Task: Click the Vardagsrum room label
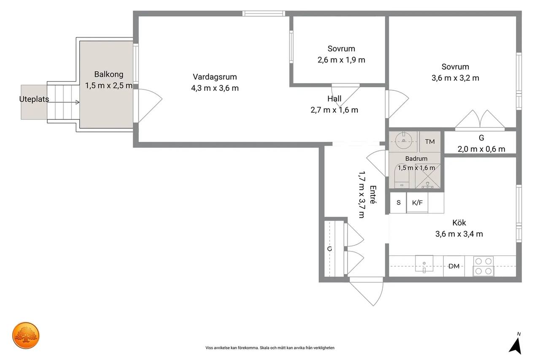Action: (215, 77)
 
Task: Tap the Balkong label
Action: (109, 74)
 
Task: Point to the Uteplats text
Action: (34, 99)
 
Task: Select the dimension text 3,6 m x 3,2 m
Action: (455, 78)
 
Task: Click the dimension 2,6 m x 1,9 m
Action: (341, 60)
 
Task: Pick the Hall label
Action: (334, 99)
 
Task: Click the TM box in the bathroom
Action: (430, 141)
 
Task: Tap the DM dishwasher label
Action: (454, 266)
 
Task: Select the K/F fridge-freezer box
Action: (417, 203)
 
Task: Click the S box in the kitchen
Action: (398, 203)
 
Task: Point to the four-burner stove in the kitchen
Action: (483, 266)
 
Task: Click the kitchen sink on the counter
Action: (424, 264)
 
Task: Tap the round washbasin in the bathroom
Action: (403, 141)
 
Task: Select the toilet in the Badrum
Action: (402, 176)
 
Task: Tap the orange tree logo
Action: (26, 336)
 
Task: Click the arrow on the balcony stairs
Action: (63, 102)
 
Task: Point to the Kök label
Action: (459, 222)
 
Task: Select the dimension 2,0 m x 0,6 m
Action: (481, 149)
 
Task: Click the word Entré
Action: (373, 195)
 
